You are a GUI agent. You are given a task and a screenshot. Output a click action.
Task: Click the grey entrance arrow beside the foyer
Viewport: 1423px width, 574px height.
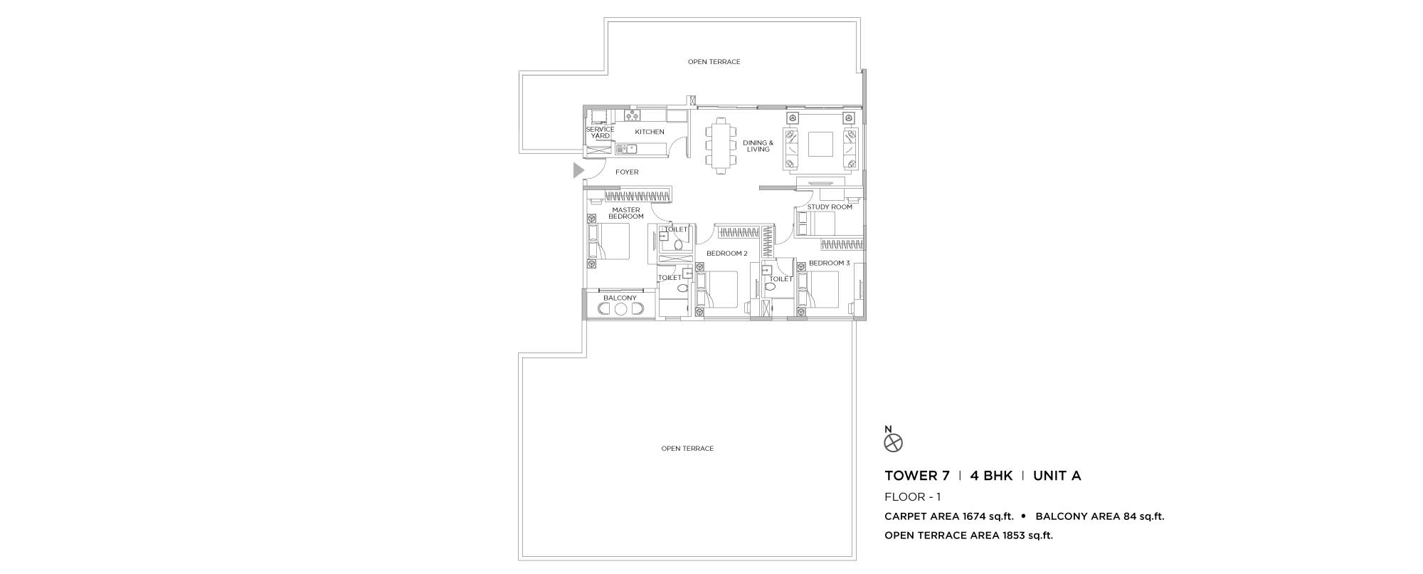pos(578,170)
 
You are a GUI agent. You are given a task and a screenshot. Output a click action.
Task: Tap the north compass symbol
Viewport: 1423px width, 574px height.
pos(893,443)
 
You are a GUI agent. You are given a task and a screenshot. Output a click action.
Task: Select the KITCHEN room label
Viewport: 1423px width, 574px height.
pos(650,132)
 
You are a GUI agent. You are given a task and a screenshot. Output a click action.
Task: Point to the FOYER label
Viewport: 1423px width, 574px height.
pos(627,172)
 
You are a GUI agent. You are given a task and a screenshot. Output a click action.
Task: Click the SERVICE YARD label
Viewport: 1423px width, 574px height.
pos(600,132)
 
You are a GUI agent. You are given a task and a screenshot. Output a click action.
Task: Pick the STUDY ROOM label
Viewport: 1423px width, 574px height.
pos(830,207)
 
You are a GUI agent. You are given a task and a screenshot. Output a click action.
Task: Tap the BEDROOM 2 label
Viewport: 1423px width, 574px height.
pos(726,254)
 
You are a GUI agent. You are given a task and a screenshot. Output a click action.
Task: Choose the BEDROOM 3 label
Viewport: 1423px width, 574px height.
pos(829,263)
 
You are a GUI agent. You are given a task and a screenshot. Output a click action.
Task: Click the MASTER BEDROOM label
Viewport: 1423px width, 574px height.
pos(626,213)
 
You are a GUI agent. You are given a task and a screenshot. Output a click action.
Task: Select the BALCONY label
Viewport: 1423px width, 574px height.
pos(620,298)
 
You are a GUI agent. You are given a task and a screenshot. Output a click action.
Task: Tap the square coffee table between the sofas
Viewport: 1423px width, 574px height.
pos(821,145)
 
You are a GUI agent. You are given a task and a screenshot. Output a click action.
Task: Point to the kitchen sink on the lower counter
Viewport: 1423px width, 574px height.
pos(128,149)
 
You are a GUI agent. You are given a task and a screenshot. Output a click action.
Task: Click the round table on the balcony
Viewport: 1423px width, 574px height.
pos(620,309)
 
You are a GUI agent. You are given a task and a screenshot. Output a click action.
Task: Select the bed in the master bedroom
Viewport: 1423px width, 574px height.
pos(609,241)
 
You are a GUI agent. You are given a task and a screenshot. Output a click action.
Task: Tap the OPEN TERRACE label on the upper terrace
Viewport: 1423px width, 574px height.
pos(714,62)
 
